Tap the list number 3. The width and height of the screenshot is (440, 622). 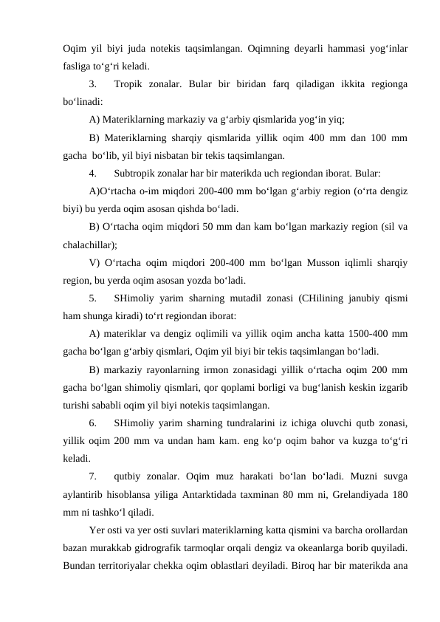(92, 83)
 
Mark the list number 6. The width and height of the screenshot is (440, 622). (92, 422)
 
